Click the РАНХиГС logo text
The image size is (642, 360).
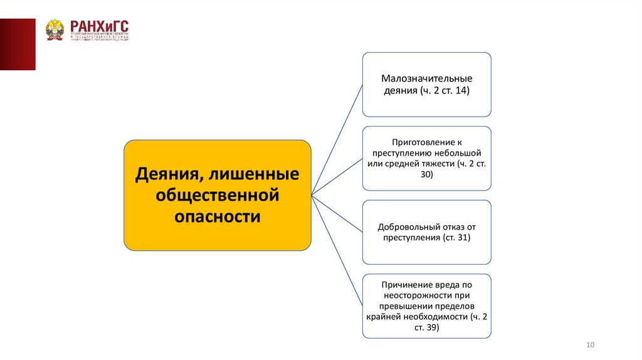click(x=100, y=26)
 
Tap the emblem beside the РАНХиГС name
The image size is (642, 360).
click(x=55, y=29)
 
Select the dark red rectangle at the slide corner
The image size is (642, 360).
click(x=18, y=44)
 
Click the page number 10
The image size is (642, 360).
click(x=589, y=346)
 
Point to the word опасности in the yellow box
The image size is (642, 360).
click(x=217, y=217)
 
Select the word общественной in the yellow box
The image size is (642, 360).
click(x=217, y=195)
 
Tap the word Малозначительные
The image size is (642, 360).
click(x=426, y=79)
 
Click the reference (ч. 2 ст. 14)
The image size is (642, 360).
click(x=445, y=91)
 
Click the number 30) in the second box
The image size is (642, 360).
click(x=426, y=176)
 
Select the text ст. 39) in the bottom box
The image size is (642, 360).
click(x=426, y=327)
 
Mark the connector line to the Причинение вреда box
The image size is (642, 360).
click(x=337, y=251)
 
